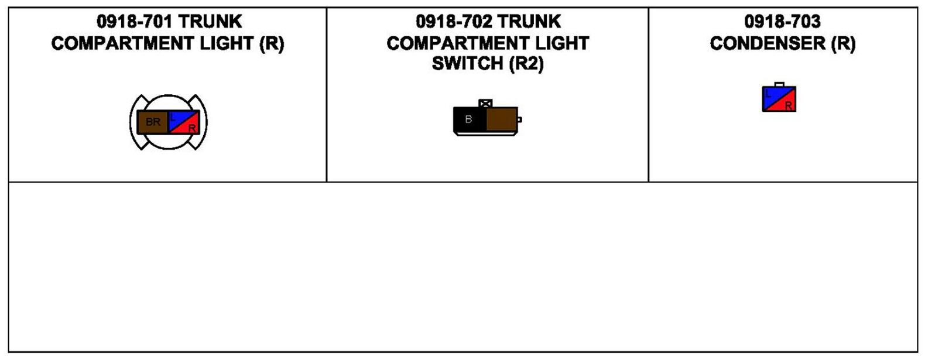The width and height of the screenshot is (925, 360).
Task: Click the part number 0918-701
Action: (135, 22)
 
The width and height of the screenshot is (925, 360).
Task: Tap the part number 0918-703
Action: (782, 22)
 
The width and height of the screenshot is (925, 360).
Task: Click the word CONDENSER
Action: (768, 43)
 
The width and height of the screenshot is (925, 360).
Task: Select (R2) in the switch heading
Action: (526, 63)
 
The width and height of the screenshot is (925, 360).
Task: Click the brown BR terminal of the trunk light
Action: (153, 122)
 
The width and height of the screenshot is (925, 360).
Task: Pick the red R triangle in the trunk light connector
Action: (191, 126)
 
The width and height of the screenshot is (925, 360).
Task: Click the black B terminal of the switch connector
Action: (470, 119)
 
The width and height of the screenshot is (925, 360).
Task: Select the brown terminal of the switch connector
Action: (502, 119)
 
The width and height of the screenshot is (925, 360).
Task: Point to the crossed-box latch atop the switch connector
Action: (485, 104)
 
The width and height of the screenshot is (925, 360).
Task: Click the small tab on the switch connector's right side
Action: (519, 119)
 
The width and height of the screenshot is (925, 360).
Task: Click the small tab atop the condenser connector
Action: (779, 84)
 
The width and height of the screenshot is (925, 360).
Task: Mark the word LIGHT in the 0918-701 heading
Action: (227, 43)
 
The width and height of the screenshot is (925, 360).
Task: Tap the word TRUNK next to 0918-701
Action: (210, 22)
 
